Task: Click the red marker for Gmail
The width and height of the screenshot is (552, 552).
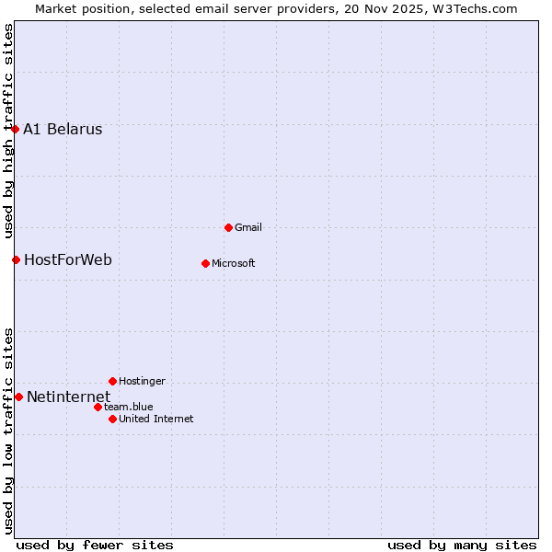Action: point(228,227)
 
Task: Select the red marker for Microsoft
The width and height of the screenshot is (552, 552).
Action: point(205,263)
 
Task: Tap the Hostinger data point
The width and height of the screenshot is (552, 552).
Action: point(112,381)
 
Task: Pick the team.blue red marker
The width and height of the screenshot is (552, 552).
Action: point(98,407)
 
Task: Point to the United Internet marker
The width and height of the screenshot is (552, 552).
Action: point(112,419)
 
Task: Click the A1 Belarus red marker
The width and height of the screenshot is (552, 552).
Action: point(16,129)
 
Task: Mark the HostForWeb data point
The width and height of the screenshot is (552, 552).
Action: point(16,259)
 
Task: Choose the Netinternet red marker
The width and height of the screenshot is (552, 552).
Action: point(18,397)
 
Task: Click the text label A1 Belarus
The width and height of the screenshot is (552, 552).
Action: point(63,130)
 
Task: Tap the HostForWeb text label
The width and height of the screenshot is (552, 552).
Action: point(68,260)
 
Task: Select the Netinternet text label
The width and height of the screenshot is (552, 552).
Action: point(68,397)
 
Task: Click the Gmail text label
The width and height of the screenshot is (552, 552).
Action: point(248,227)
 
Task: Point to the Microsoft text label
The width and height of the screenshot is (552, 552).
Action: point(233,263)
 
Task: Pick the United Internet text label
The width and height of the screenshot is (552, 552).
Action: point(155,419)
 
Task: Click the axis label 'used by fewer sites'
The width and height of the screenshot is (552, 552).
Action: point(95,545)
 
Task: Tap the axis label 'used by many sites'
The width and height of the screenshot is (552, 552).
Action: point(462,545)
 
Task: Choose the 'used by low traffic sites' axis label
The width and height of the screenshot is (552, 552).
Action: point(8,430)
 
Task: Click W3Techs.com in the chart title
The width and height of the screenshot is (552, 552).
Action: point(474,8)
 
